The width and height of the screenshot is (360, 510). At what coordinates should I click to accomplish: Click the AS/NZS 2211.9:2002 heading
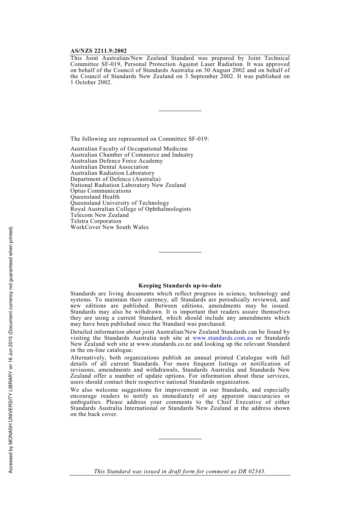pos(99,51)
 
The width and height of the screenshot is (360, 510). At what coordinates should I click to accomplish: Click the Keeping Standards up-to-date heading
pos(180,286)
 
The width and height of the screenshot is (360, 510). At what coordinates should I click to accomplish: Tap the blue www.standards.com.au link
pos(222,338)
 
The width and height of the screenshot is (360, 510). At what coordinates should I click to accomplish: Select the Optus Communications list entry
pos(101,191)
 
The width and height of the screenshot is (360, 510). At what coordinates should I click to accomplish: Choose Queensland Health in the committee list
pos(95,197)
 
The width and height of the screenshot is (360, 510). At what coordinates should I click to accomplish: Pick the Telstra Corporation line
pos(96,221)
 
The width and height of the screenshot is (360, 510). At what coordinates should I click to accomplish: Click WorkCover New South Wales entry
pos(110,227)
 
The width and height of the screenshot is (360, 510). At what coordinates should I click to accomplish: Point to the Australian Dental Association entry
pos(110,167)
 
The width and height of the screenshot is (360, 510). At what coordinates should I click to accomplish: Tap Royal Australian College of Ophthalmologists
pos(131,209)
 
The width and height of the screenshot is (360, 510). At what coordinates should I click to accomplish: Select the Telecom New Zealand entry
pos(100,215)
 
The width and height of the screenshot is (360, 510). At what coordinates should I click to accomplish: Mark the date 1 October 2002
pos(91,82)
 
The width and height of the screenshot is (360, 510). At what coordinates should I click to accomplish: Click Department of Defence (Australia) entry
pos(116,179)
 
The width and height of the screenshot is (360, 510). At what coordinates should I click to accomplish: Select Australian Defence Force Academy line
pos(117,161)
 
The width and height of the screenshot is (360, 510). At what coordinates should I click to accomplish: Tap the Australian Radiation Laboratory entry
pos(113,173)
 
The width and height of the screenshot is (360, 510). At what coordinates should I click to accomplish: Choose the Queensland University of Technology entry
pos(120,203)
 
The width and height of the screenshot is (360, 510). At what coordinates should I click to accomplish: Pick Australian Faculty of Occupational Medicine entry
pos(129,149)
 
